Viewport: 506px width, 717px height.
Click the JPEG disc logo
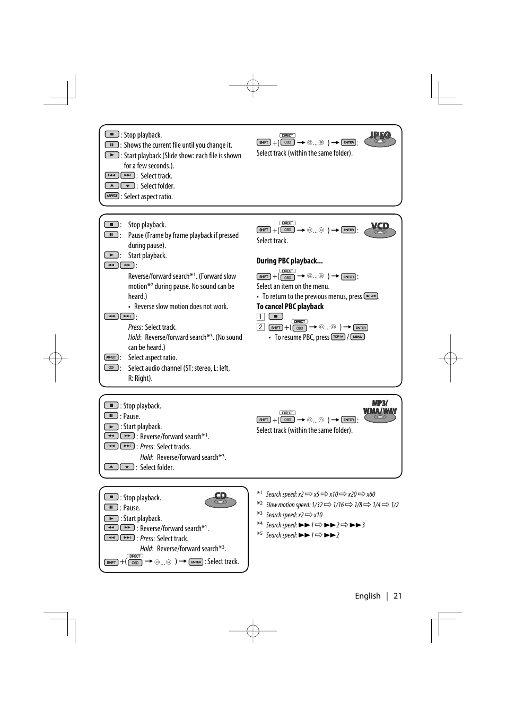(380, 139)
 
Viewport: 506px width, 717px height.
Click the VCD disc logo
(380, 229)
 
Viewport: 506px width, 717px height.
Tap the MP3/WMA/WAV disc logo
(380, 411)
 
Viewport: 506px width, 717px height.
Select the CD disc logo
(220, 500)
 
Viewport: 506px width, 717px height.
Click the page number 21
(397, 596)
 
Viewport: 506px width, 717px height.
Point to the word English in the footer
(368, 596)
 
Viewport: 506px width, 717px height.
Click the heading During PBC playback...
(290, 261)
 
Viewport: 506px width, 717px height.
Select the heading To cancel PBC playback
(290, 306)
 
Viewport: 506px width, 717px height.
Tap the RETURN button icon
(371, 296)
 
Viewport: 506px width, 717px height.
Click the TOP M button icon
(338, 337)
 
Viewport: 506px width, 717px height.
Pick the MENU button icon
(357, 337)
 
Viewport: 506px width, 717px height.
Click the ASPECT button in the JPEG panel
(111, 196)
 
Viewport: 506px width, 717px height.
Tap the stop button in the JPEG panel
(111, 134)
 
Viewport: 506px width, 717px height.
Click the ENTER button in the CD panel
(196, 562)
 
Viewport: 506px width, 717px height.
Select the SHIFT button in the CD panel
(111, 562)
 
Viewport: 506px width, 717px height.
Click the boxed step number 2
(260, 327)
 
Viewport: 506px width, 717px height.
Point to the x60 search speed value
(371, 494)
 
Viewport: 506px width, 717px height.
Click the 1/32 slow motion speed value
(317, 505)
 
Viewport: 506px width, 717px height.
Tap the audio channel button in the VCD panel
(111, 368)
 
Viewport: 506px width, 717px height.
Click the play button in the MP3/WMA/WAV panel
(111, 426)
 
